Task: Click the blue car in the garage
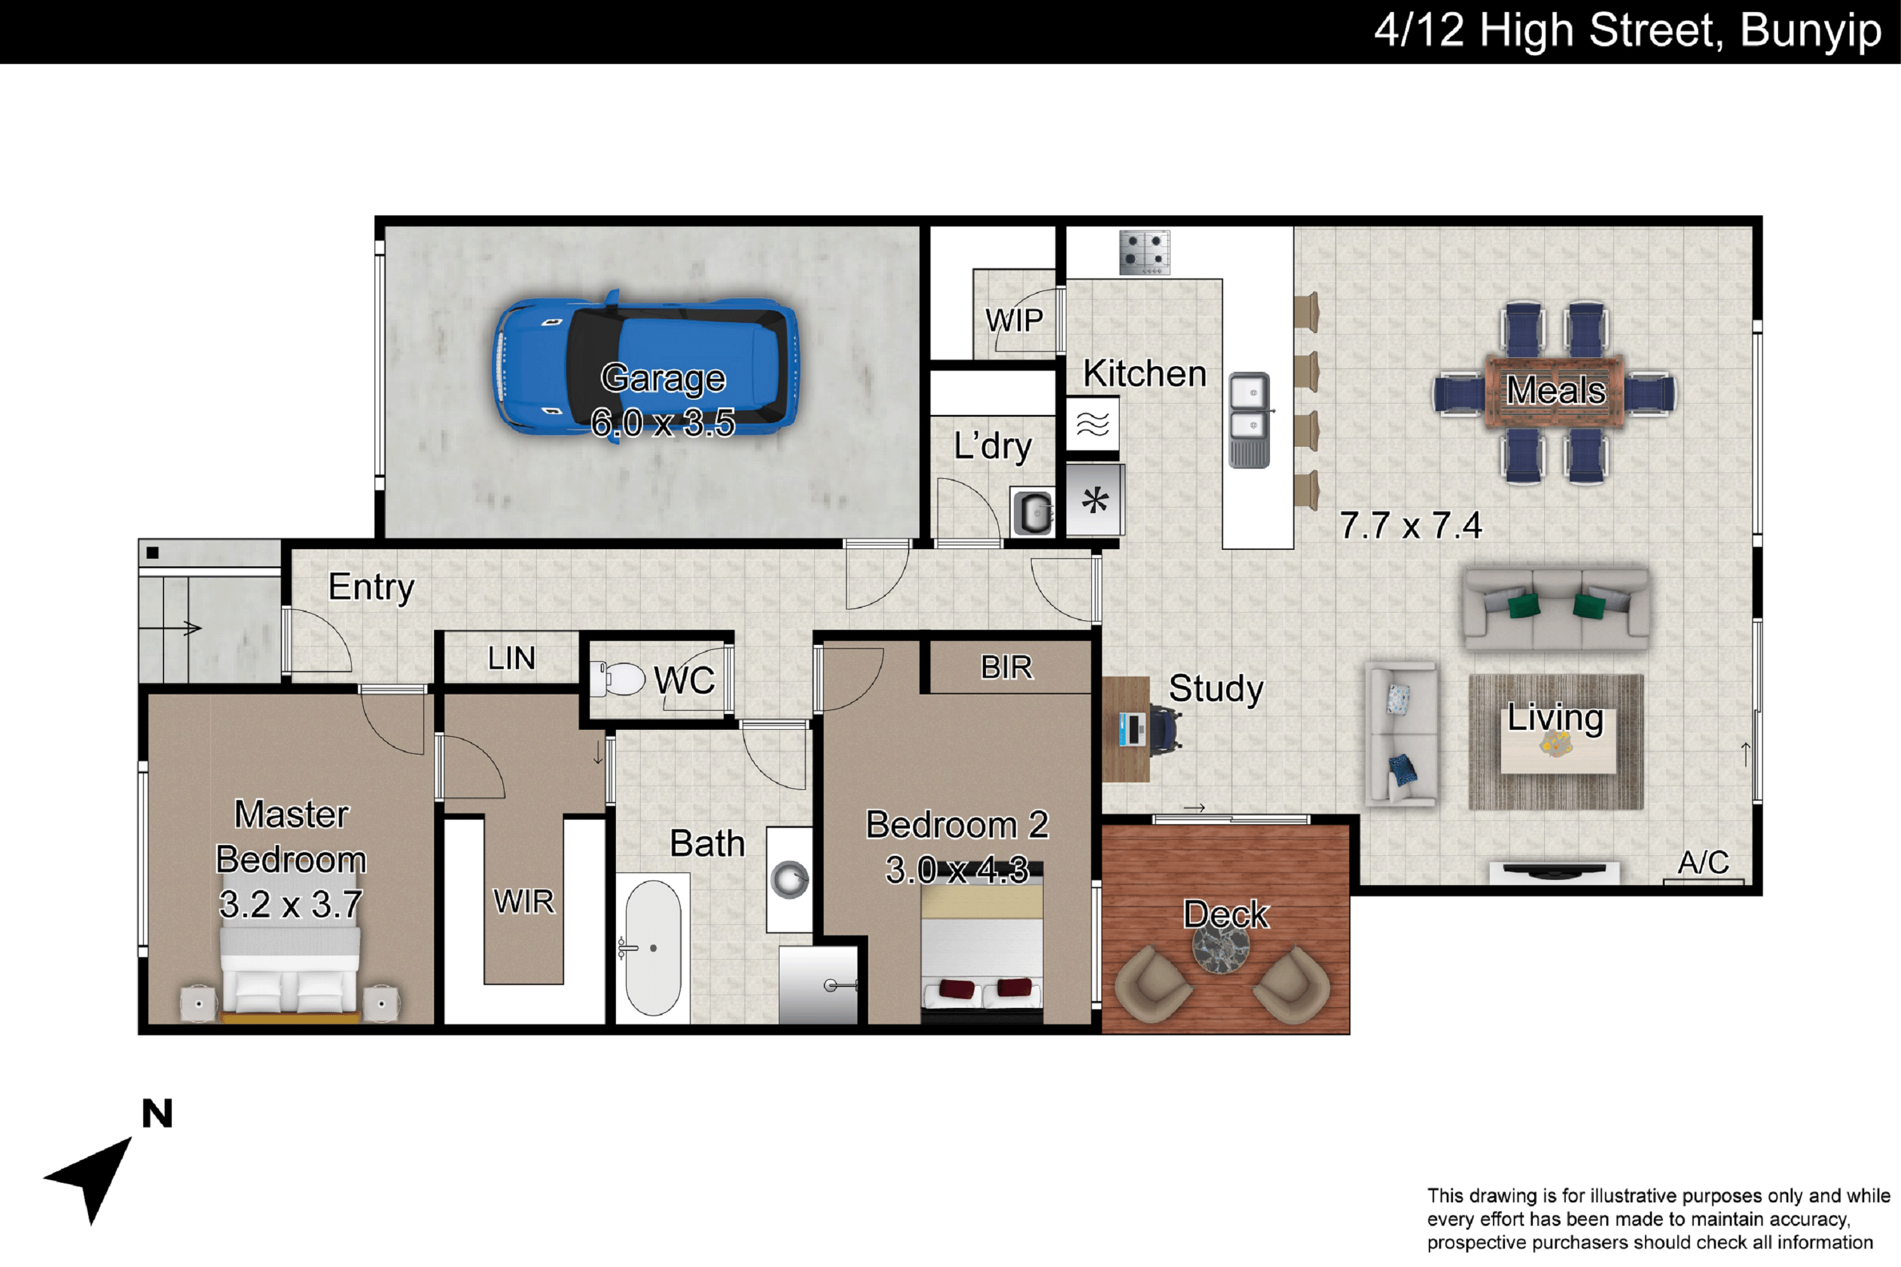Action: pos(646,364)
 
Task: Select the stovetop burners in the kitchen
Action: pos(1144,252)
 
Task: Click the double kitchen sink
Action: pos(1250,419)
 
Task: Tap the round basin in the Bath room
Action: pos(790,879)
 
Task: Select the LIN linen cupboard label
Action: pos(511,659)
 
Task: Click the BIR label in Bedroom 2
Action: pos(1006,668)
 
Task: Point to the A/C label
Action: pos(1704,863)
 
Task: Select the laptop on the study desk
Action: pos(1132,730)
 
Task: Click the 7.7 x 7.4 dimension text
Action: pos(1411,526)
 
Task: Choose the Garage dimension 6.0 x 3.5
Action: pos(663,423)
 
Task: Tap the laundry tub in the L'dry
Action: pos(1034,511)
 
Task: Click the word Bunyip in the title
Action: pos(1810,32)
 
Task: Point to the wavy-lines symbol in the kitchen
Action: pos(1092,423)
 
